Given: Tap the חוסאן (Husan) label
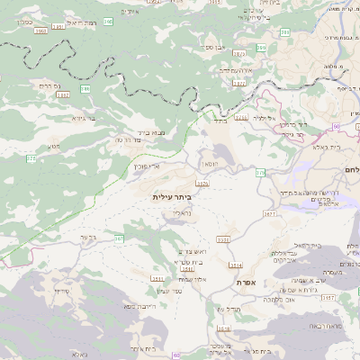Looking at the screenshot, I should click(x=209, y=166).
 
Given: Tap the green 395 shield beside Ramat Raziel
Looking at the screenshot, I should click(x=109, y=20).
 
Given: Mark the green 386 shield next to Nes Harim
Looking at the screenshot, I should click(x=85, y=89).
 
